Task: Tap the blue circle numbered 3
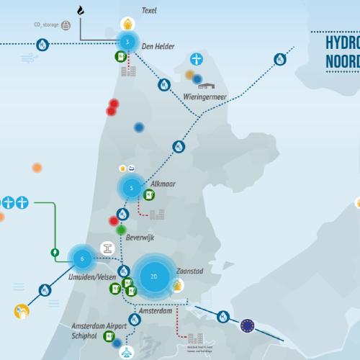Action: tap(127, 42)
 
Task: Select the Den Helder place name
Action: tap(158, 47)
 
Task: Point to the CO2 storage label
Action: tap(46, 24)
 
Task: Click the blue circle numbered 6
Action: tap(83, 258)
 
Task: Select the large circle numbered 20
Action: tap(153, 276)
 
